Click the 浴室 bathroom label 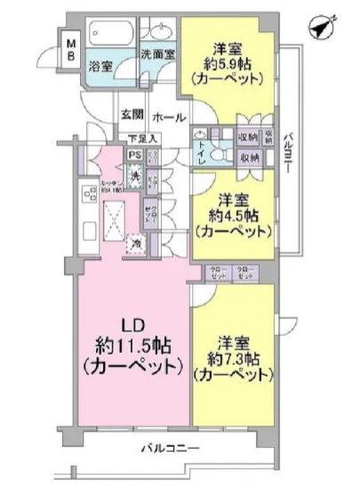101,65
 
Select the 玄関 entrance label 132,115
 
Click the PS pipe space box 134,154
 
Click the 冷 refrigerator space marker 136,243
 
